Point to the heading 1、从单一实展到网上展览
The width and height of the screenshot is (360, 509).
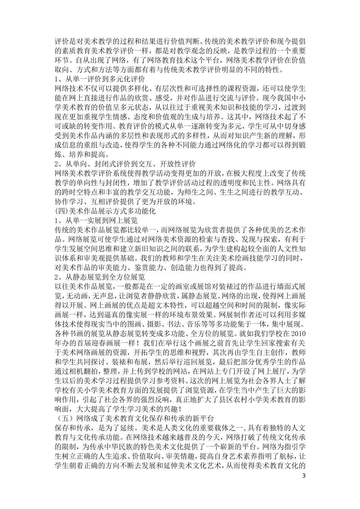[96, 220]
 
